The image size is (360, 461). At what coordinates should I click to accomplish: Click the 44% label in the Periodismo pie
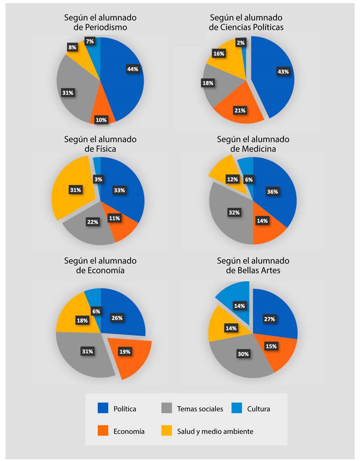pyautogui.click(x=133, y=69)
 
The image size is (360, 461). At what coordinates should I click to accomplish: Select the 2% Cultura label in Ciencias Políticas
pyautogui.click(x=240, y=43)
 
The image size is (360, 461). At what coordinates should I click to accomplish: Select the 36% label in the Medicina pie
pyautogui.click(x=272, y=192)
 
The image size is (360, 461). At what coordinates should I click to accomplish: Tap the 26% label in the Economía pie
pyautogui.click(x=117, y=318)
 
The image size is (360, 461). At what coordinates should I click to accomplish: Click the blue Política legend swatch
pyautogui.click(x=103, y=409)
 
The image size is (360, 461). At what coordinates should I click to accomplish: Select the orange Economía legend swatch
pyautogui.click(x=103, y=431)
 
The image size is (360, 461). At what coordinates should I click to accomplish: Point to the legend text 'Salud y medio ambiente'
pyautogui.click(x=215, y=431)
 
